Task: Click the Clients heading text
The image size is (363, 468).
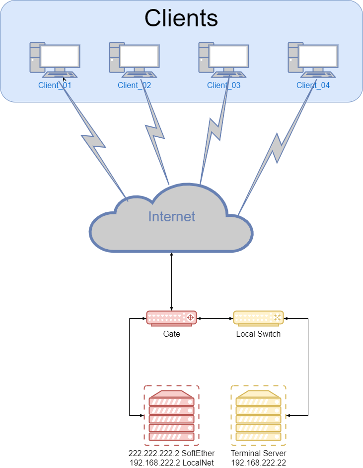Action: coord(181,18)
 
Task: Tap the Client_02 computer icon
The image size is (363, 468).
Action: coord(134,60)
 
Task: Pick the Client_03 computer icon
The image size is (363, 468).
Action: coord(223,60)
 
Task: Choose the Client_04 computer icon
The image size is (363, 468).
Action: coord(313,60)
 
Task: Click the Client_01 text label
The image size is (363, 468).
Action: coord(55,85)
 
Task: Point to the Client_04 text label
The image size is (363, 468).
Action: coord(313,85)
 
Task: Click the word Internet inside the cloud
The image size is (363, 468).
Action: coord(172,216)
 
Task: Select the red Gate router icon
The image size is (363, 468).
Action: coord(172,318)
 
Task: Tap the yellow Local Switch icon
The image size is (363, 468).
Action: coord(258,318)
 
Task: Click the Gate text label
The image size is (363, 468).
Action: coord(172,334)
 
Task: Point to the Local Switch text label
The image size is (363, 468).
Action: coord(258,334)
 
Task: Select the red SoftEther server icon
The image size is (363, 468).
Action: coord(172,415)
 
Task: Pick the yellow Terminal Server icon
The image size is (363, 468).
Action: coord(258,415)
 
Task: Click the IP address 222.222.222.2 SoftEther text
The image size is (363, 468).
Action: coord(172,453)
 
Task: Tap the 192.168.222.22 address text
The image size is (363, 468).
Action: coord(258,462)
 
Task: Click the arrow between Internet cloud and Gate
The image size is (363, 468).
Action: coord(172,281)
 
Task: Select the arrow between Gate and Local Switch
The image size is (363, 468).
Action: coord(215,318)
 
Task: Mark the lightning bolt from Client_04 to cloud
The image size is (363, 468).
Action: coord(277,149)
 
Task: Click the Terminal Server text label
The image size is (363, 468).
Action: coord(258,453)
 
